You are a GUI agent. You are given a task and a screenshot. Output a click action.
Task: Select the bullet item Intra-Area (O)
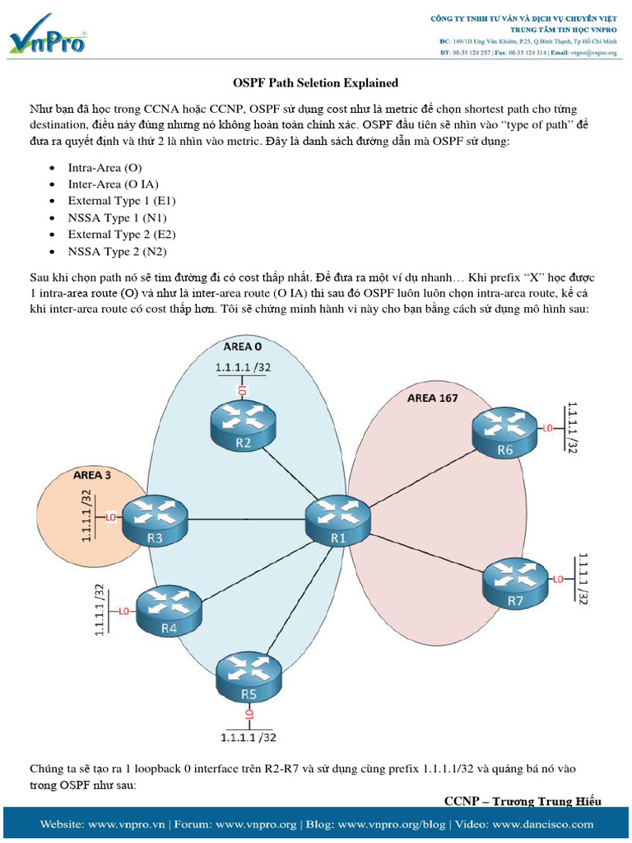tap(105, 167)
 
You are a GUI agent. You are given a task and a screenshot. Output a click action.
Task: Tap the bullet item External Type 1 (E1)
tap(122, 201)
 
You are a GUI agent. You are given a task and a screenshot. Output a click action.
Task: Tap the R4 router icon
tap(169, 610)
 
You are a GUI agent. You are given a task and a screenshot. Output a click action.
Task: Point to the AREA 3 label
tap(93, 475)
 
